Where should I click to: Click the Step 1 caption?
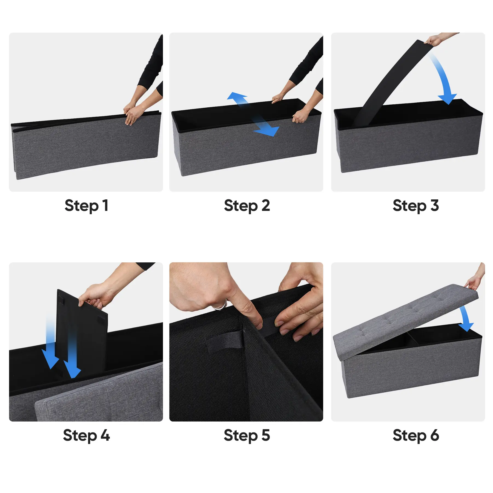click(87, 206)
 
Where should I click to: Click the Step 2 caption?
click(247, 206)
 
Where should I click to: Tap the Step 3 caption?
click(415, 206)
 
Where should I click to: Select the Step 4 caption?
click(86, 435)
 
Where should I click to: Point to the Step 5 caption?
click(247, 435)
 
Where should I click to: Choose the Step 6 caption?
click(416, 435)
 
